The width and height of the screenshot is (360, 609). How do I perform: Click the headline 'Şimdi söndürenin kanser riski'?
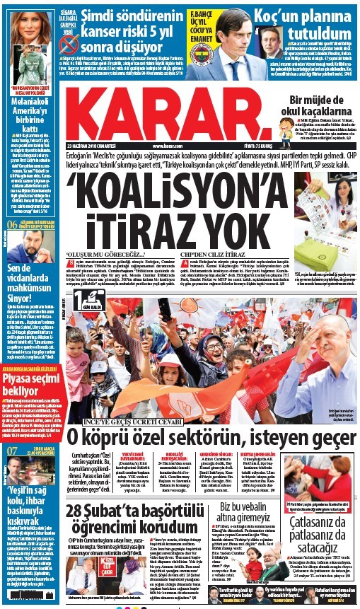[130, 26]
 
